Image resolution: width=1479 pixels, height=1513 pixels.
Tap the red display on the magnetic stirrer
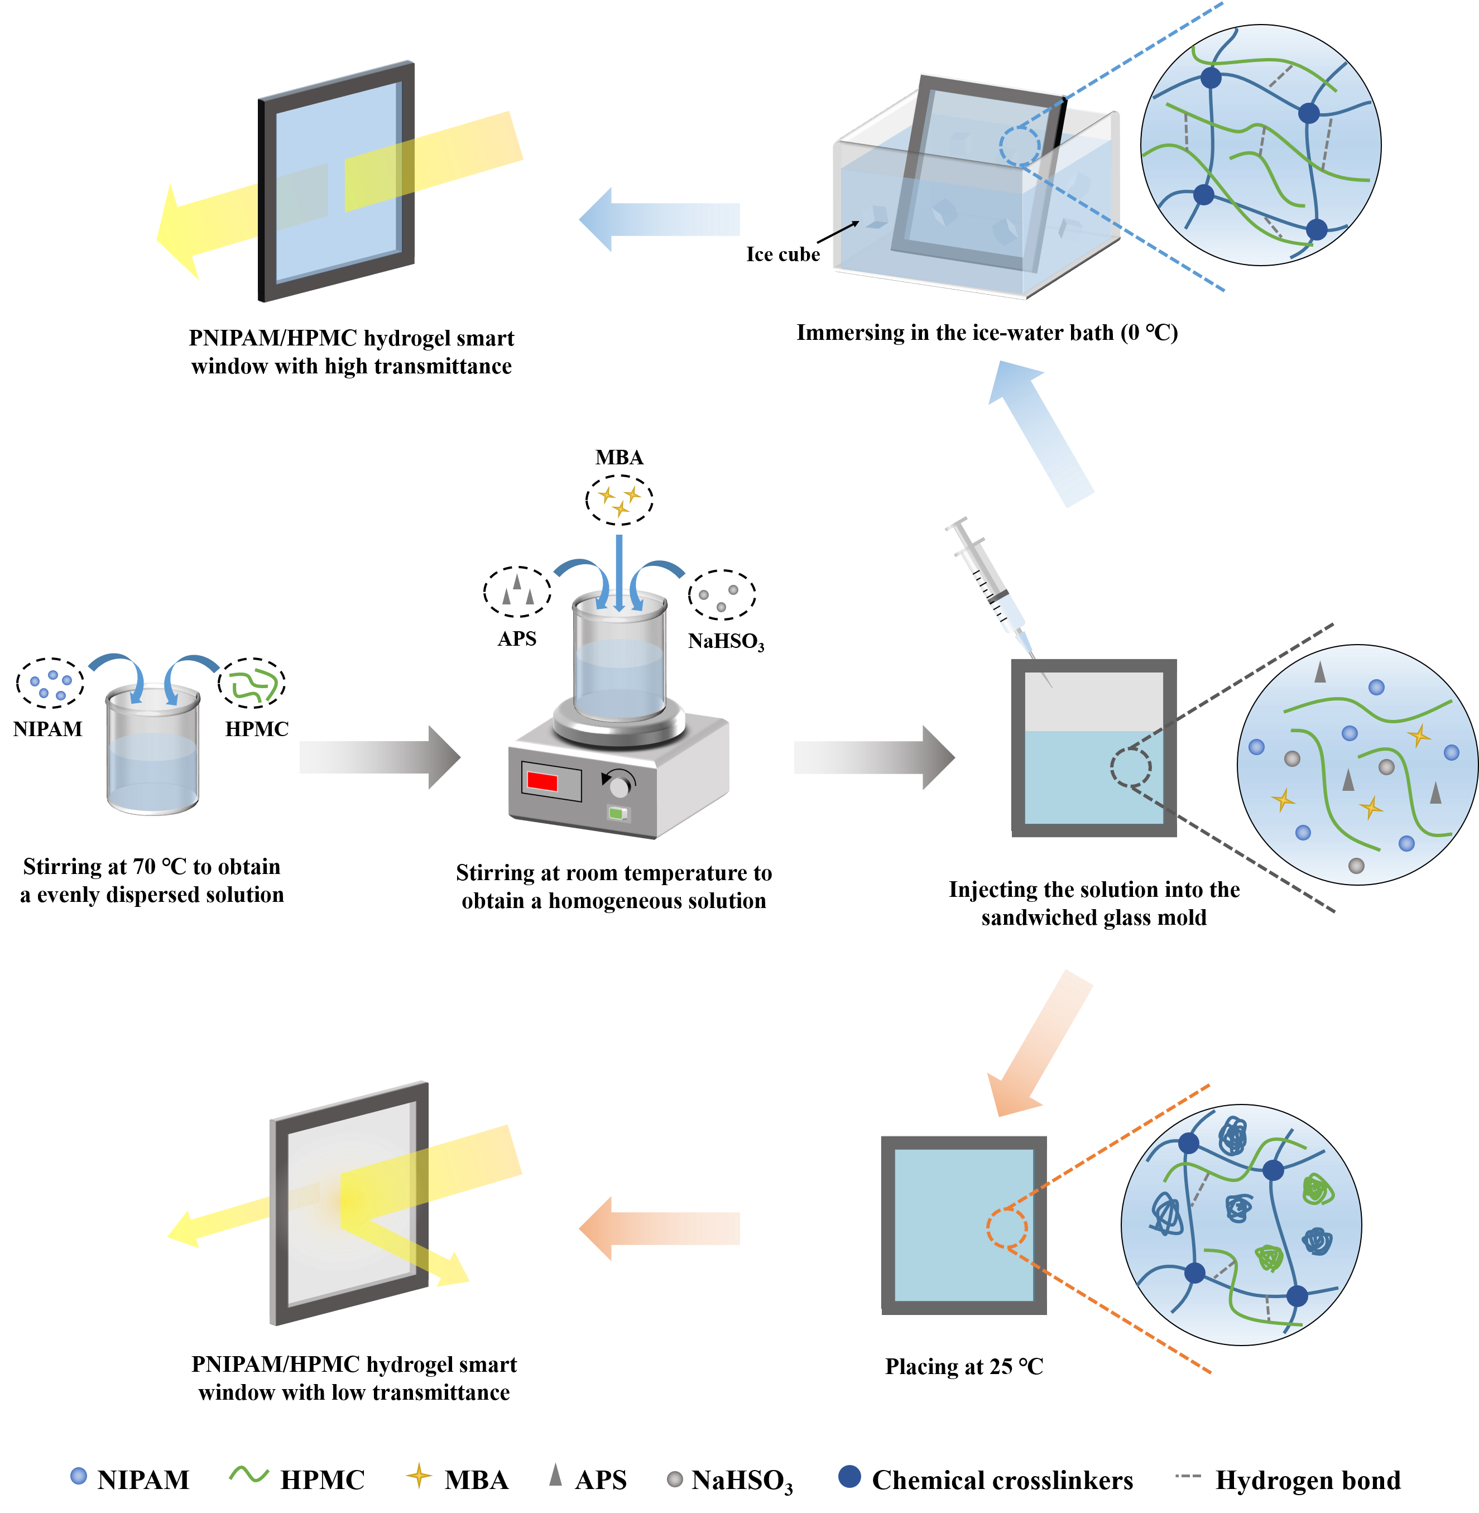click(x=542, y=781)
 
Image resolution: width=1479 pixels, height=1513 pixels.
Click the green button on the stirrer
click(x=617, y=814)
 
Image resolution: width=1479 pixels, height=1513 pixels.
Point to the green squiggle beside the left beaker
click(x=254, y=684)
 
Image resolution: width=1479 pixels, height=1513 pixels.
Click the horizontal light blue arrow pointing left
click(x=660, y=220)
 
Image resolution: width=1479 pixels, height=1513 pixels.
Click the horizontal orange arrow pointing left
click(x=660, y=1228)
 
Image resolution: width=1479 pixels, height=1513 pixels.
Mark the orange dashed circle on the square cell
click(x=1007, y=1228)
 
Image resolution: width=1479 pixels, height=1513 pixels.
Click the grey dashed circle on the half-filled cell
click(x=1130, y=767)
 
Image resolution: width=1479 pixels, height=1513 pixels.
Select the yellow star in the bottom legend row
click(x=419, y=1475)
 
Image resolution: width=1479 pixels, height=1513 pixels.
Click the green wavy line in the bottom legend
click(x=248, y=1473)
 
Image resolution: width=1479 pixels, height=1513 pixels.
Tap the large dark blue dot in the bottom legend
click(x=850, y=1476)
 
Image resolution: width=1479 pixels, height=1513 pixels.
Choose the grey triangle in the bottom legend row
click(x=555, y=1473)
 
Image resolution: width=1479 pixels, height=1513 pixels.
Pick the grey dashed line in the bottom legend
click(x=1188, y=1475)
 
